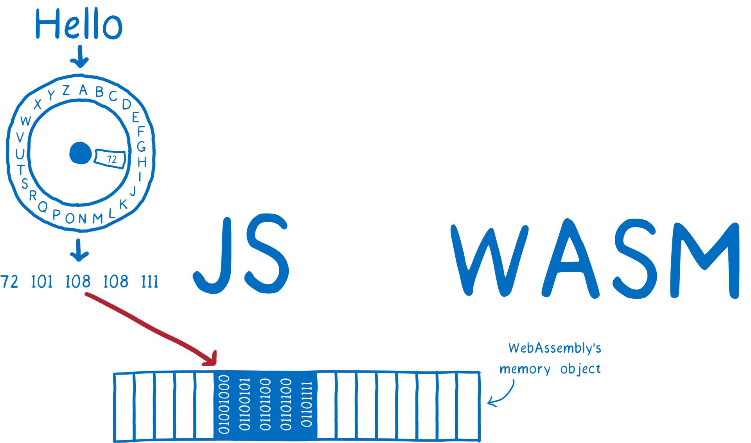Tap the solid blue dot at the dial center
point(81,153)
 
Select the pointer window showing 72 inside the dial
point(111,159)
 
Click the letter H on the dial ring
point(142,162)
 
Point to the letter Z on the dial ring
point(66,90)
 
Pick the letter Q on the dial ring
point(43,206)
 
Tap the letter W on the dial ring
point(25,121)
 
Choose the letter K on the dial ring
point(123,204)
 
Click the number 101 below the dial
point(41,282)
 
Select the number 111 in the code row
point(149,282)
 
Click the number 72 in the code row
point(9,282)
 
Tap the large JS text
point(241,254)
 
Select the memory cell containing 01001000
point(224,405)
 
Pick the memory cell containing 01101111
point(306,405)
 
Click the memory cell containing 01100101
point(245,405)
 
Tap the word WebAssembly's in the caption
point(555,348)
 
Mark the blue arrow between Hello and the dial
point(80,57)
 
